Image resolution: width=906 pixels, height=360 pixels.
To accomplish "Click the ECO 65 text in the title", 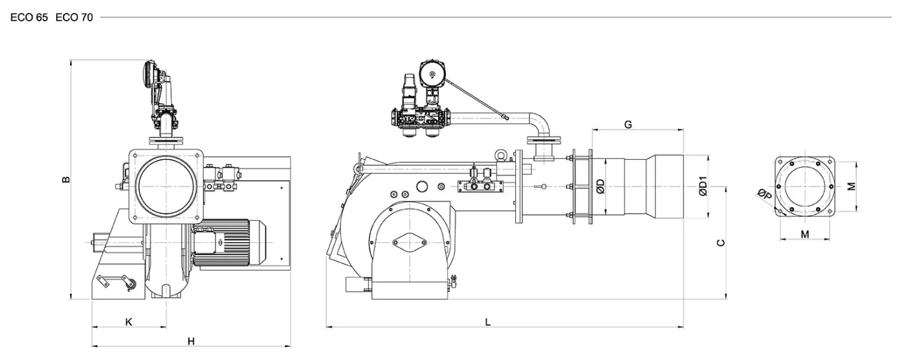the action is click(x=29, y=17).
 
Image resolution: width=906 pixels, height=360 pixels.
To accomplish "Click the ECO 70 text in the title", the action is click(x=74, y=17).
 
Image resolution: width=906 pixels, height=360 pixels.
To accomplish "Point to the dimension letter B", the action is click(x=66, y=179).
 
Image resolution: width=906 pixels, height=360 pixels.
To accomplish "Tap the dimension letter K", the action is click(x=129, y=322).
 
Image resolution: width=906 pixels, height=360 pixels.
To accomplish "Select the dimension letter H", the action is click(x=192, y=342).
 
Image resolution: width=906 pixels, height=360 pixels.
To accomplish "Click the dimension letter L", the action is click(x=488, y=322).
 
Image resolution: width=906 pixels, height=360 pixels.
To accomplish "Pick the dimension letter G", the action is click(x=628, y=124).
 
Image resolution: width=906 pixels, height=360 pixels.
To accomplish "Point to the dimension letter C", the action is click(x=721, y=243).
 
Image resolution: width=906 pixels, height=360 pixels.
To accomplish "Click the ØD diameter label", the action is click(x=601, y=186).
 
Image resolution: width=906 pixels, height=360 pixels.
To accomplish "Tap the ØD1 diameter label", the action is click(x=703, y=186).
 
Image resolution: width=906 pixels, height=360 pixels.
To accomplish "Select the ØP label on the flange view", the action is click(x=765, y=194).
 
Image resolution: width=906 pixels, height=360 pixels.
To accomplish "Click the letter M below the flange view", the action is click(x=805, y=234).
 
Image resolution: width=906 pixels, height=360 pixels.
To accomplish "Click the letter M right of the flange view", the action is click(x=852, y=186).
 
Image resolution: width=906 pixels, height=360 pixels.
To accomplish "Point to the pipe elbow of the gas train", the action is click(x=540, y=124).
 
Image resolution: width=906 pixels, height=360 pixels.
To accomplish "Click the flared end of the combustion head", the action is click(x=665, y=186).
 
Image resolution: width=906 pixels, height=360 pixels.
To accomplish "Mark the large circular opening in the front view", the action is click(x=166, y=186).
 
